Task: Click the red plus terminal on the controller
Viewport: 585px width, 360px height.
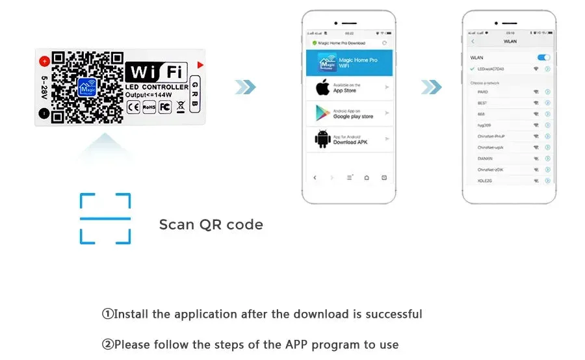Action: pos(44,62)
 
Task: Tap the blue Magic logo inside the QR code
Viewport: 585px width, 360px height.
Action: pos(86,88)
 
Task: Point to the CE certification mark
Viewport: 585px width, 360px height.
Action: pos(133,107)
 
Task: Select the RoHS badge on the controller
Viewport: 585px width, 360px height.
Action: pos(149,107)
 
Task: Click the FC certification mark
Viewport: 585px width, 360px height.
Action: pos(165,107)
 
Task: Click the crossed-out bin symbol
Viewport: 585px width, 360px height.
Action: pos(181,107)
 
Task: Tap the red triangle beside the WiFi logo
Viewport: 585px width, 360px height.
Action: pos(200,65)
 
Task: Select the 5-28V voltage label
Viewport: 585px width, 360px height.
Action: pos(44,87)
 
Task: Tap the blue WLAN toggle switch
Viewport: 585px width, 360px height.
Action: pos(543,58)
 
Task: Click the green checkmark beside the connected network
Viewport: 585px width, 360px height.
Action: pos(472,69)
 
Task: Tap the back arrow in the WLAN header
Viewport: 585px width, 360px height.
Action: pos(473,42)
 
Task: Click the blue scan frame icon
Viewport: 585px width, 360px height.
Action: pos(105,218)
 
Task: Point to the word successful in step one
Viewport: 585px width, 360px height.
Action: pos(394,315)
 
